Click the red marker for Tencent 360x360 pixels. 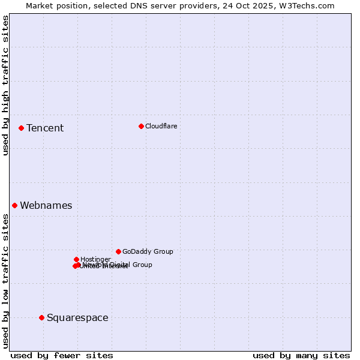(x=21, y=128)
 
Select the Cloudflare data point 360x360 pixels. (x=141, y=126)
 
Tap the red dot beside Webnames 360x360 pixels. (x=14, y=205)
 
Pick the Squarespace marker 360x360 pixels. (x=41, y=317)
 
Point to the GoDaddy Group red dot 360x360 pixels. (x=118, y=251)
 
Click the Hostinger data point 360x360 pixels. (x=76, y=259)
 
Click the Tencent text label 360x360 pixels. (x=45, y=128)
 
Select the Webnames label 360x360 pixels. (x=46, y=205)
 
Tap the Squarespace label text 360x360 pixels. (x=77, y=317)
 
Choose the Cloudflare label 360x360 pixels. (x=161, y=126)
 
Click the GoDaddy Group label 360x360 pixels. (x=148, y=251)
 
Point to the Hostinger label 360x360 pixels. (x=95, y=259)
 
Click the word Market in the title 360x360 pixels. (x=40, y=5)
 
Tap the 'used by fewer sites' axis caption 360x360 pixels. (x=62, y=355)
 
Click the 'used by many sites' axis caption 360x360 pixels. (x=301, y=355)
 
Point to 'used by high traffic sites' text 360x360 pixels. (x=5, y=85)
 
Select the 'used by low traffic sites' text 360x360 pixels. (x=5, y=281)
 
